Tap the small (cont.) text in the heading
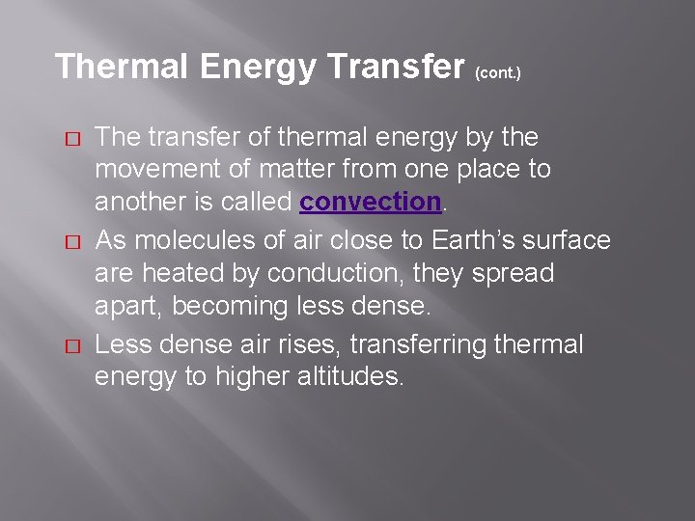tap(498, 73)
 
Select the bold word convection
tap(371, 203)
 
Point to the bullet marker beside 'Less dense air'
tap(70, 345)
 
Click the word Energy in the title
tap(258, 67)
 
